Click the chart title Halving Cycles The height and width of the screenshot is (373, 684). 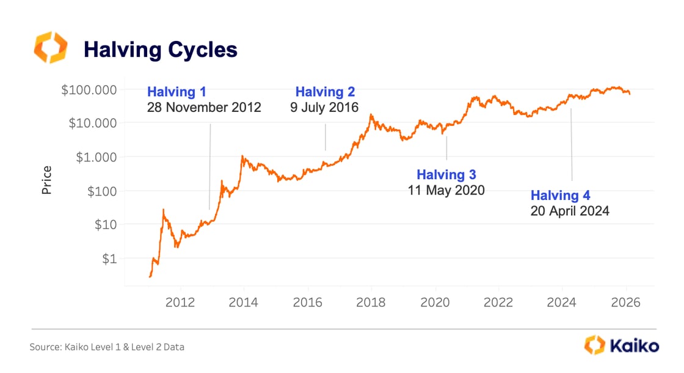pyautogui.click(x=160, y=50)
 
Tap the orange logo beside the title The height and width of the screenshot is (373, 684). pyautogui.click(x=50, y=48)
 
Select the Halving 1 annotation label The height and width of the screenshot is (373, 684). pyautogui.click(x=176, y=92)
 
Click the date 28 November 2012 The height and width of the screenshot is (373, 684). pyautogui.click(x=204, y=108)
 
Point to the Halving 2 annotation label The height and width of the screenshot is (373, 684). pyautogui.click(x=325, y=92)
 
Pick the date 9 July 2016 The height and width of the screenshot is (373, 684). pyautogui.click(x=324, y=108)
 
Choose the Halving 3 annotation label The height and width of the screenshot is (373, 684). pyautogui.click(x=446, y=175)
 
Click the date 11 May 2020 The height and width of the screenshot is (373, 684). pyautogui.click(x=446, y=190)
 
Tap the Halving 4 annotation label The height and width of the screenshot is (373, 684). pyautogui.click(x=560, y=196)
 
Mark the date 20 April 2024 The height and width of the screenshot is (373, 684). pyautogui.click(x=570, y=212)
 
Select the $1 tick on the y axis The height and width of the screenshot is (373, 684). pyautogui.click(x=108, y=259)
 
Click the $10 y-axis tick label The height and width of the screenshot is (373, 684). pyautogui.click(x=105, y=225)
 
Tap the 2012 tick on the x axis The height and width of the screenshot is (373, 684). pyautogui.click(x=181, y=303)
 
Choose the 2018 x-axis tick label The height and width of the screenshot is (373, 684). pyautogui.click(x=371, y=303)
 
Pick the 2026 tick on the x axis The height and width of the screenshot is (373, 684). pyautogui.click(x=625, y=303)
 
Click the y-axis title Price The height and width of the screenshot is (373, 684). pyautogui.click(x=47, y=180)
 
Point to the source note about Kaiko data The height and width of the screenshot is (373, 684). pyautogui.click(x=107, y=347)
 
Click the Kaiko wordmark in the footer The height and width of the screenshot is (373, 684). pyautogui.click(x=634, y=346)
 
